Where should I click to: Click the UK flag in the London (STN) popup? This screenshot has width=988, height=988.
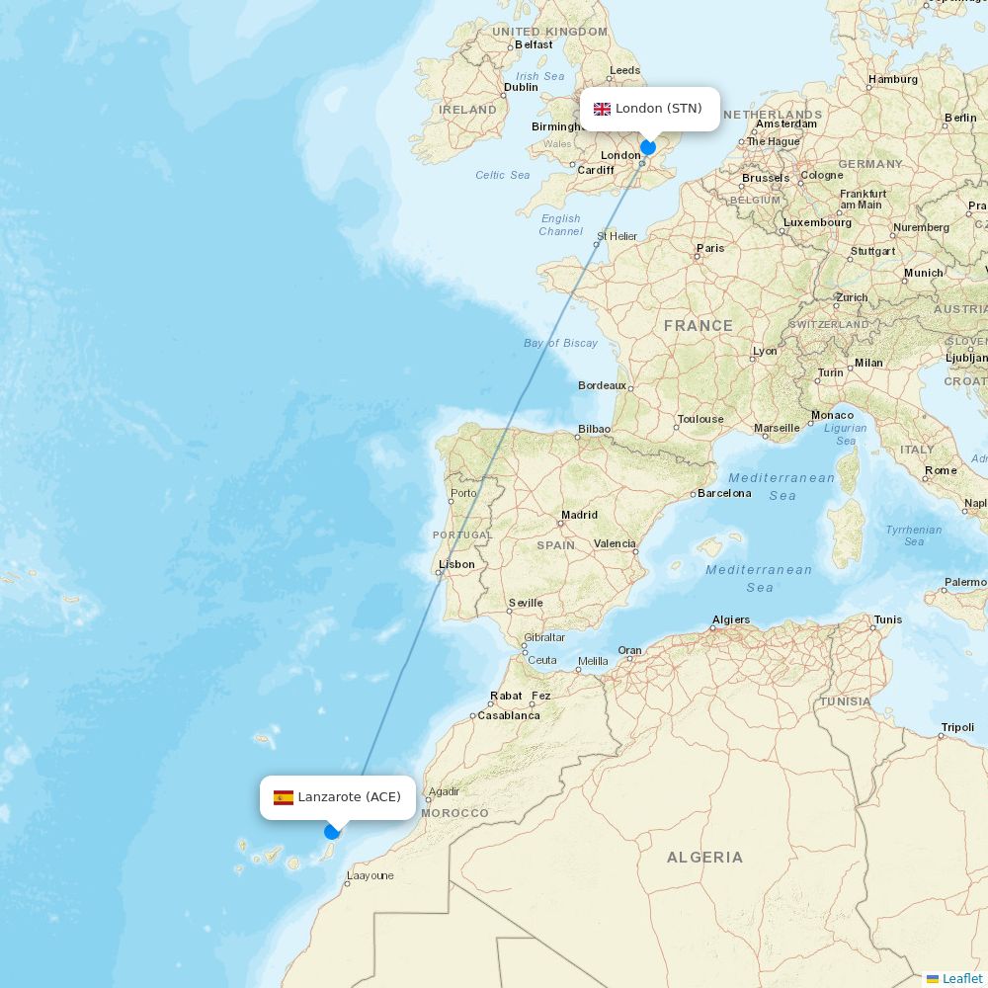[602, 109]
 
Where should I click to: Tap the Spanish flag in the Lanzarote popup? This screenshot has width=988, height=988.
[284, 797]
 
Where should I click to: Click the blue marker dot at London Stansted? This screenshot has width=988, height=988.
[648, 147]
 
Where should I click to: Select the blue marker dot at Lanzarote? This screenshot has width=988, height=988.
[332, 832]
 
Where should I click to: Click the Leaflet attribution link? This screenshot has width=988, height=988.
[961, 978]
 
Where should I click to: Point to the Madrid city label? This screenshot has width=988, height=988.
[579, 515]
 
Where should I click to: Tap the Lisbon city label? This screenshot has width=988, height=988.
[456, 564]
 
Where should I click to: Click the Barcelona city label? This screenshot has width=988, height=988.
[724, 493]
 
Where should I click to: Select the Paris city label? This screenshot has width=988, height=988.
[709, 248]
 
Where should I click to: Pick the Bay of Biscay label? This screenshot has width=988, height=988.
[560, 343]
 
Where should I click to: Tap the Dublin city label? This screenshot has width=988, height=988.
[521, 87]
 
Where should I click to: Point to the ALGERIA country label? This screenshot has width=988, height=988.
[704, 857]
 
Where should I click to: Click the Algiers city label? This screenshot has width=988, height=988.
[730, 619]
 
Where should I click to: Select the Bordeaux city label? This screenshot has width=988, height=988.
[602, 385]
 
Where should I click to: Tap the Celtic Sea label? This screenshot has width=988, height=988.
[502, 175]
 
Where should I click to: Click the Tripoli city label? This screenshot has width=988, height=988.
[957, 727]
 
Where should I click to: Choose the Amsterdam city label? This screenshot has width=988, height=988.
[786, 123]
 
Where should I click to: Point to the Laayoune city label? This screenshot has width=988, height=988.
[370, 875]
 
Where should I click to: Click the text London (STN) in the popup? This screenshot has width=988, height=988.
[658, 109]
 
